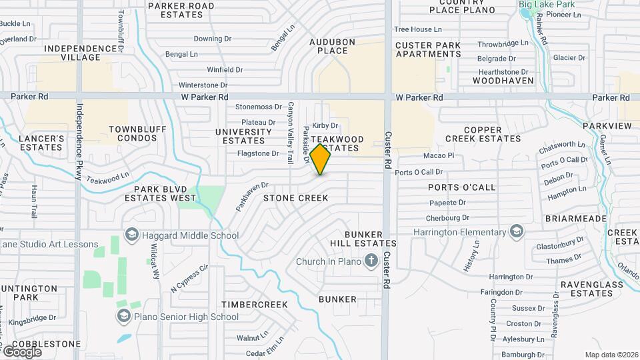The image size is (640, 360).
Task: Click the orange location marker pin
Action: pos(320,159)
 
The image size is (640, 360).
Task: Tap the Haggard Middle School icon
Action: pos(131,235)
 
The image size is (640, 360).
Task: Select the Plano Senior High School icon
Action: pos(123,317)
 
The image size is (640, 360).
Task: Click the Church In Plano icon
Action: pos(371,261)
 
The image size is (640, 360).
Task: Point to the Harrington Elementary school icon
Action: pos(515,232)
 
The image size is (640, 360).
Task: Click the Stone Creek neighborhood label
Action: pos(295,198)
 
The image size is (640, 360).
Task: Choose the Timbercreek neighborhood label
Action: pos(255,304)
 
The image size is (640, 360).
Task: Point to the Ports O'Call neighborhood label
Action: pos(461,187)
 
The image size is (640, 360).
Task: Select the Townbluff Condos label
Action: pos(133,133)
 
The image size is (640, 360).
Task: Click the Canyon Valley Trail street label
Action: pos(291,133)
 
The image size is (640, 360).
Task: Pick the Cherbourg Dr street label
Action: pos(447,217)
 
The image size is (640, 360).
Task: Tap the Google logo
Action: pos(22,351)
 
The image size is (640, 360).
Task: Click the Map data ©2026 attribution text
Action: pos(611,355)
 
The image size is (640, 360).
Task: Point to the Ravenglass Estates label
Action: pos(586,288)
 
